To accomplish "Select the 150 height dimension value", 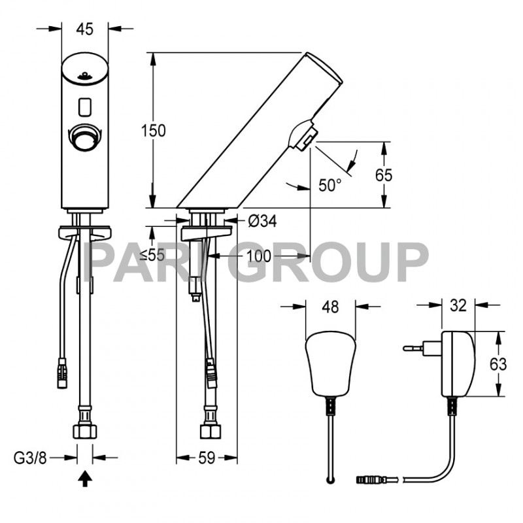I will click(x=154, y=130).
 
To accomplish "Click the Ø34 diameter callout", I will click(x=262, y=222).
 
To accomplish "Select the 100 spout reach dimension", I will click(x=260, y=256).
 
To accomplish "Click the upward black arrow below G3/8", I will click(x=84, y=481).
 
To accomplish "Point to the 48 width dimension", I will click(x=330, y=307).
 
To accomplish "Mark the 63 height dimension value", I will click(x=498, y=364).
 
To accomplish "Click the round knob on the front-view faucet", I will click(x=85, y=136).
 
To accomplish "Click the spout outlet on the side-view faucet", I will click(x=302, y=138).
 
